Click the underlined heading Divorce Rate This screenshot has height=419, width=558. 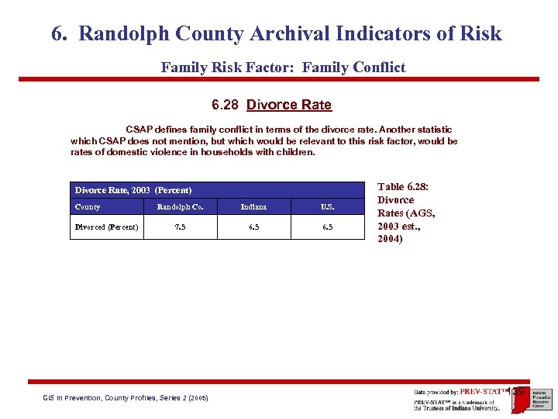289,105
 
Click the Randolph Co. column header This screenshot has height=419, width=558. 180,207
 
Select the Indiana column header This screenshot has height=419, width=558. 253,207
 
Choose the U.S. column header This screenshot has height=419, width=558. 327,207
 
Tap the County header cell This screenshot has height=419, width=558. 88,207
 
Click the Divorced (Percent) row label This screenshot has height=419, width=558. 107,227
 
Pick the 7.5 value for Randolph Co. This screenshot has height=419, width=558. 180,227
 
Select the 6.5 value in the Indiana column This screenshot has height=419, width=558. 253,227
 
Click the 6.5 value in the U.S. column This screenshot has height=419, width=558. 327,227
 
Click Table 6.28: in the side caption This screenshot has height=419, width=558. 403,186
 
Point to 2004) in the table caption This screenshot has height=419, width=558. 390,239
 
